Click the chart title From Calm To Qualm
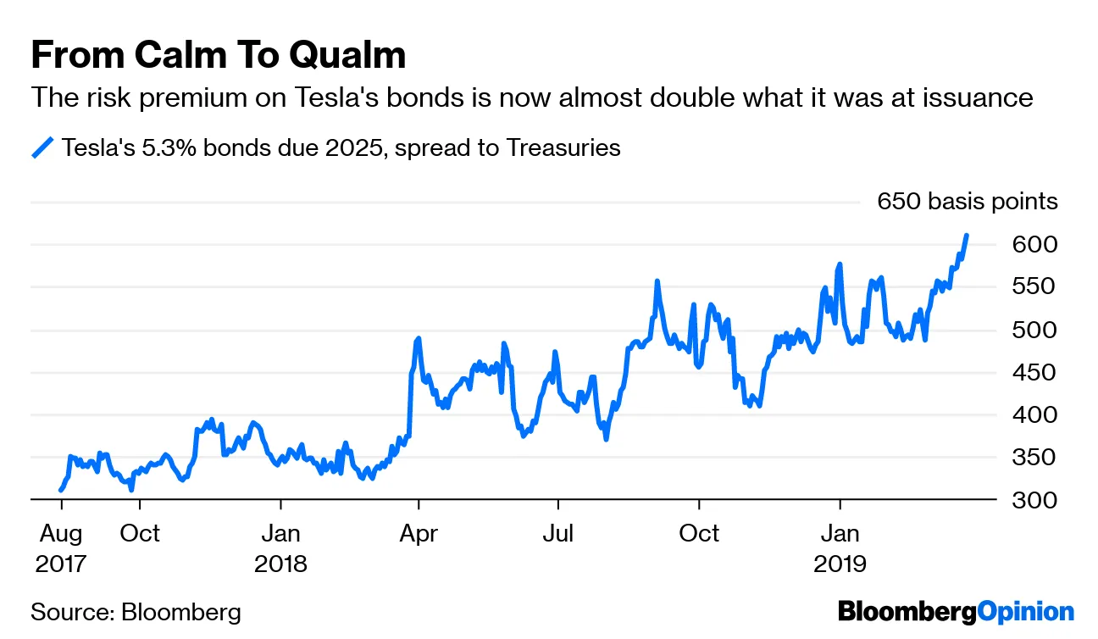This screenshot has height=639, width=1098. pos(218,55)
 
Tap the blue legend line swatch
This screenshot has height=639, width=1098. pos(42,148)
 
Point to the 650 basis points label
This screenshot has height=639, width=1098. pos(968,202)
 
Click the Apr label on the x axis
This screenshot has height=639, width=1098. pos(419,534)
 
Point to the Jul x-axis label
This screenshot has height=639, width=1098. pos(558,534)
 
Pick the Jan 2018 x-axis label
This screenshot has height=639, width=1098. pos(280,548)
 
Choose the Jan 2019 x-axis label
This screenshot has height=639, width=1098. pos(840,548)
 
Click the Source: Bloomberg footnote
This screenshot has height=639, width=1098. pos(136,612)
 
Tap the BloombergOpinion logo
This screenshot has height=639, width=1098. pos(956,612)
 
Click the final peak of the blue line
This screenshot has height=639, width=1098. pos(967,236)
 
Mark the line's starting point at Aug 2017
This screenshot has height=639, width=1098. pos(60,490)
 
